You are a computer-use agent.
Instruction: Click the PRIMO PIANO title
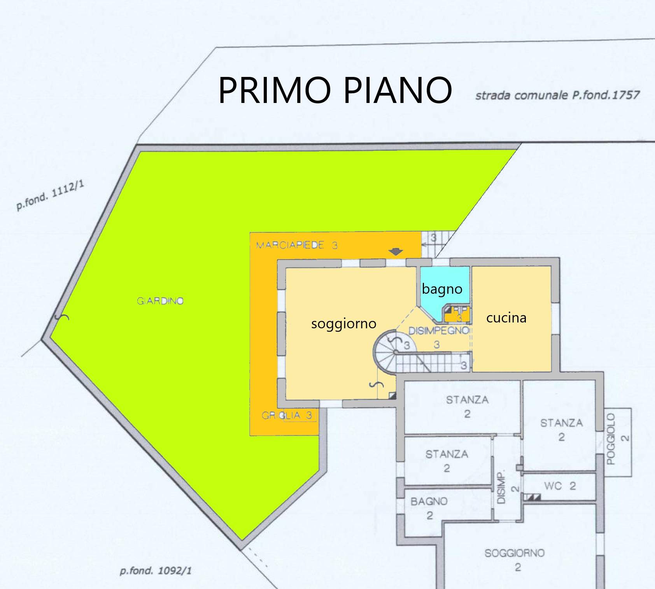[335, 90]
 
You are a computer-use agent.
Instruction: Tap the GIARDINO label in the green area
[160, 301]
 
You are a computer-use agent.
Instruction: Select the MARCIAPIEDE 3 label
[297, 245]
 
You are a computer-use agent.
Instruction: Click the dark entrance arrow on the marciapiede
[396, 252]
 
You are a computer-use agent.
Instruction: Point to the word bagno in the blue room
[442, 289]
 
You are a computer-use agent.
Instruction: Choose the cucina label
[506, 317]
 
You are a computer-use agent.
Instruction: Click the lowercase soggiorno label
[344, 324]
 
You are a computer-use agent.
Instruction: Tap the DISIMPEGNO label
[439, 331]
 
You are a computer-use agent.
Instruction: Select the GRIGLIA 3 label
[287, 416]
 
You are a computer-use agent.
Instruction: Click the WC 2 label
[560, 486]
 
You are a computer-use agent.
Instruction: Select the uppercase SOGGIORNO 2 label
[515, 560]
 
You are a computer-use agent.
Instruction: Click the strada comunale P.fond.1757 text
[557, 95]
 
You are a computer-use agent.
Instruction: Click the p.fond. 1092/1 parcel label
[156, 571]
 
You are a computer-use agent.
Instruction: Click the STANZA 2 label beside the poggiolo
[561, 430]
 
